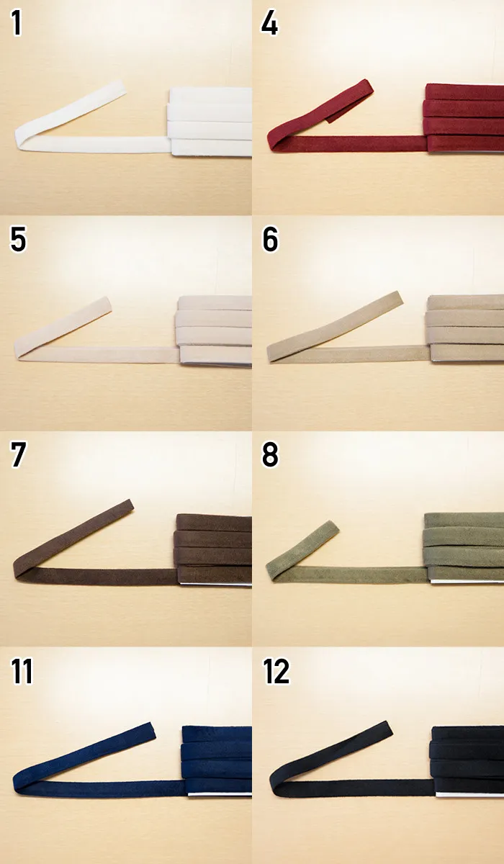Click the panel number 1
(16, 23)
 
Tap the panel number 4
(269, 23)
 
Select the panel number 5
(18, 239)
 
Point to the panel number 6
(270, 239)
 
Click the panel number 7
(18, 455)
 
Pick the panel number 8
(270, 455)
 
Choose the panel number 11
(22, 671)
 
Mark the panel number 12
(276, 671)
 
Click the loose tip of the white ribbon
(122, 87)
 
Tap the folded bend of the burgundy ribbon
(272, 142)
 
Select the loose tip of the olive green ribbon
(334, 526)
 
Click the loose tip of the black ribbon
(388, 728)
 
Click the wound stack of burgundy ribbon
(464, 118)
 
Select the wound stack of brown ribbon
(213, 549)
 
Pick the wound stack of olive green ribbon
(463, 548)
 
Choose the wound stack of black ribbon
(467, 762)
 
